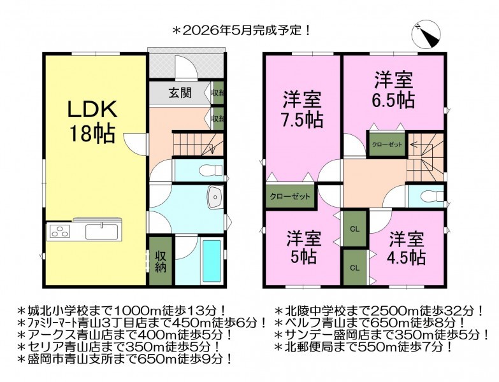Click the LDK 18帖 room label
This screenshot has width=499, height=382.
point(92,122)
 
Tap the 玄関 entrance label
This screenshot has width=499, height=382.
point(180,93)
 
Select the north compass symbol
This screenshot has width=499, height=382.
point(426,35)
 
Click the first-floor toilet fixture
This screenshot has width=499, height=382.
point(210,170)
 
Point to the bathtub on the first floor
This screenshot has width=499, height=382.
point(212,262)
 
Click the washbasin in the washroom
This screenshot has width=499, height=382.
point(215,197)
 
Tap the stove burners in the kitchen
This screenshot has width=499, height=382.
point(59,231)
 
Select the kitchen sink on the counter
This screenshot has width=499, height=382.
point(102,231)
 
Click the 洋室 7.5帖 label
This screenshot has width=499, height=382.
point(303,109)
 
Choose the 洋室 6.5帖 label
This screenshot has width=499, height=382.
point(394,90)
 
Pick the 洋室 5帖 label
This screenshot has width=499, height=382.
point(303,248)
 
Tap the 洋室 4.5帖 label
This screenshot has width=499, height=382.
point(407,248)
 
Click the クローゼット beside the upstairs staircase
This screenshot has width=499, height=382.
point(387,145)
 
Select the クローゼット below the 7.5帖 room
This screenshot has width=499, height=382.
point(290,196)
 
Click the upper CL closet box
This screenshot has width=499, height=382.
point(355,229)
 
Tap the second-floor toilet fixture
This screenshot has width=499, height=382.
point(432,195)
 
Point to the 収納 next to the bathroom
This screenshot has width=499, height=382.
point(161,261)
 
